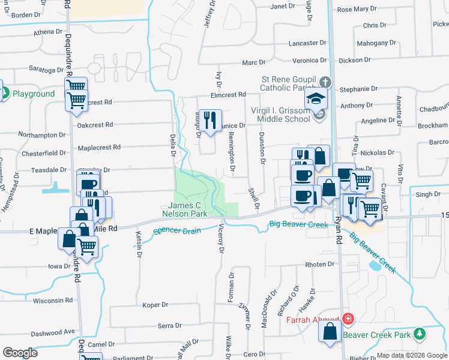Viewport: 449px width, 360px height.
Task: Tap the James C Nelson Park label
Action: coord(184,210)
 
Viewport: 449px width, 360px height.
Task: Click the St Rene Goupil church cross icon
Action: coord(324,82)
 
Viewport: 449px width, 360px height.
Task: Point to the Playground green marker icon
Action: coord(5,94)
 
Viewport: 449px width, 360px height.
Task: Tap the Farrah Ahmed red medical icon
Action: coord(348,319)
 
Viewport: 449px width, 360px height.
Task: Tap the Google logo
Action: coord(20,353)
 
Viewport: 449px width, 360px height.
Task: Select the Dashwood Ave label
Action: coord(53,332)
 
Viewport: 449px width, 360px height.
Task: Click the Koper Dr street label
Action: coord(155,305)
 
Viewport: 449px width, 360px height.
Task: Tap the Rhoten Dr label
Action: coord(319,264)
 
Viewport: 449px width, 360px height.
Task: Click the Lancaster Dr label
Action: coord(307,43)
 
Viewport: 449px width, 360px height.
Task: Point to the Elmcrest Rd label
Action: coord(228,95)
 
